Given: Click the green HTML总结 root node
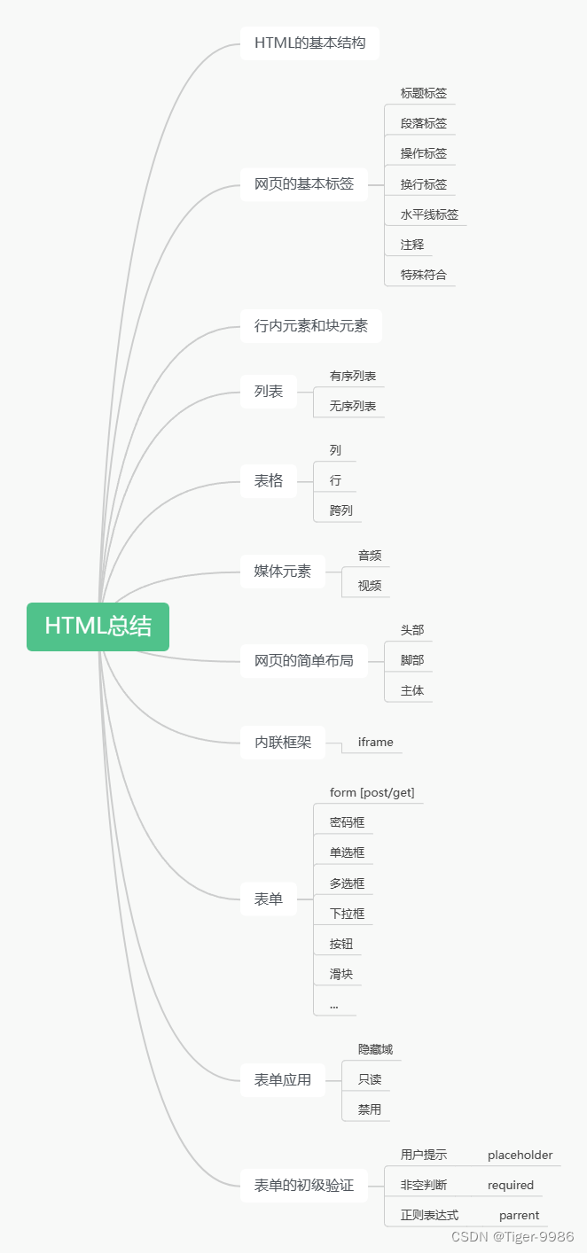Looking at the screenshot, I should tap(98, 626).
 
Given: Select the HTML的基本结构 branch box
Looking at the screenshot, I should tap(309, 43).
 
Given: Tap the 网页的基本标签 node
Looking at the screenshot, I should tap(304, 184).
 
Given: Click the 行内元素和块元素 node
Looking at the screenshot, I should tap(310, 326).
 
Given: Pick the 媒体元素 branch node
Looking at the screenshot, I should tap(283, 572).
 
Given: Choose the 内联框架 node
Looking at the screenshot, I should tap(283, 743).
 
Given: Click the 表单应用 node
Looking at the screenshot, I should tap(283, 1079).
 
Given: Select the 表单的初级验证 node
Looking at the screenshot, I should tap(304, 1185).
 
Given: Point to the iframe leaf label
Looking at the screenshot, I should tap(375, 743).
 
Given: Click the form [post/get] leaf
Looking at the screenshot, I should tap(372, 792).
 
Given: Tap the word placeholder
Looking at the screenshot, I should tap(520, 1156).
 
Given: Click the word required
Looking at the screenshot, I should tap(511, 1186).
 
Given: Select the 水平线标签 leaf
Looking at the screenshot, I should tap(429, 214).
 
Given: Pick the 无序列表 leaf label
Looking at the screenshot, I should tap(353, 407).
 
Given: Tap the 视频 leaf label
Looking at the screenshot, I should tap(370, 586).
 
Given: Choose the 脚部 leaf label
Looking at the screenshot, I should tap(412, 660).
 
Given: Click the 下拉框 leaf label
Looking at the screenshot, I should tap(347, 914).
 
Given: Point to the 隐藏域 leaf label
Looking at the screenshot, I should tap(375, 1049).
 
